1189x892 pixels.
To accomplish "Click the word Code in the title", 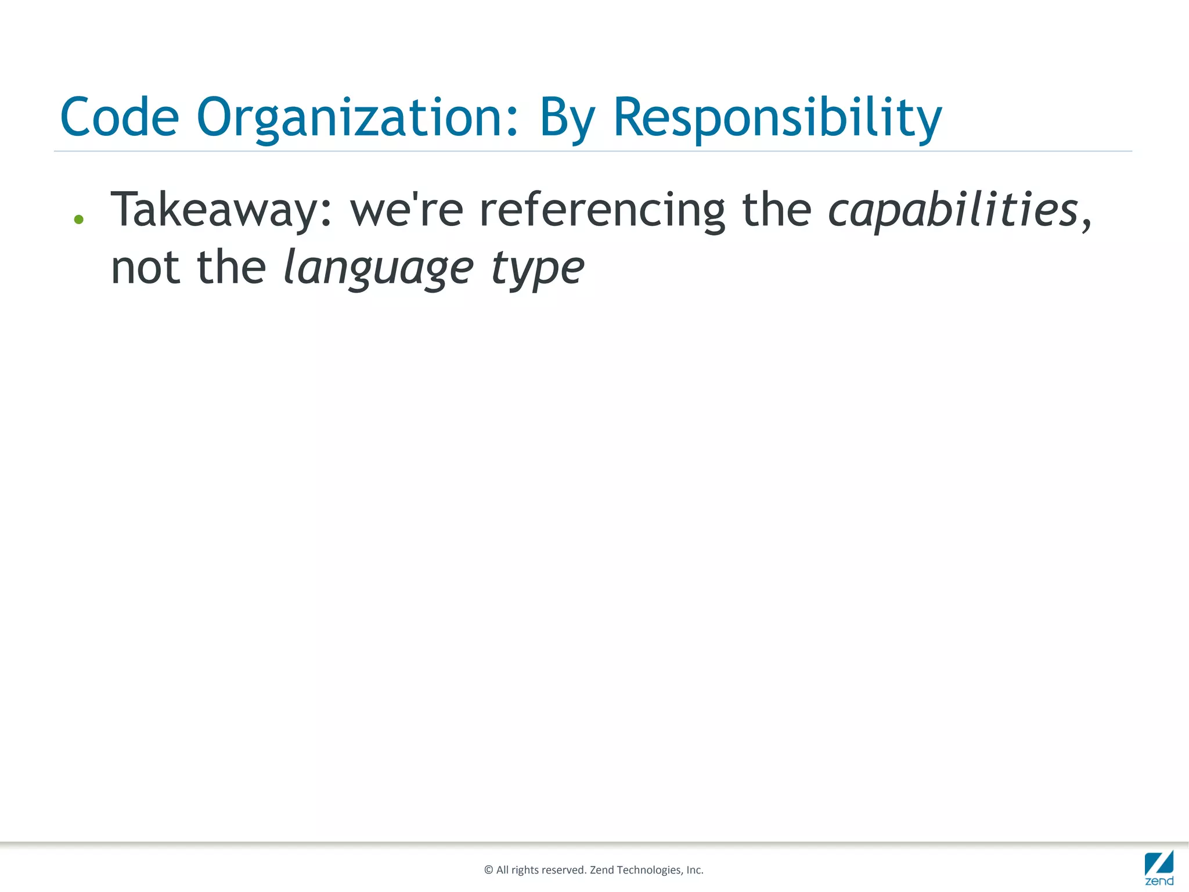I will pyautogui.click(x=120, y=117).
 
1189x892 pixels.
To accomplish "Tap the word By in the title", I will pyautogui.click(x=567, y=118).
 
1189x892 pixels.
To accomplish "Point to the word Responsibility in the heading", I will pyautogui.click(x=777, y=118).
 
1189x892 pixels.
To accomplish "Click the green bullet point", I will pyautogui.click(x=79, y=220).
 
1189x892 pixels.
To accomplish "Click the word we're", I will pyautogui.click(x=406, y=210).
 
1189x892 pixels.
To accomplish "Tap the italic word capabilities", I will pyautogui.click(x=952, y=210).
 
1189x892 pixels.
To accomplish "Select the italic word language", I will pyautogui.click(x=378, y=269).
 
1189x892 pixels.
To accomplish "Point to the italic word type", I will pyautogui.click(x=538, y=269).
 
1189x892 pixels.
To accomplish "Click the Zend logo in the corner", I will pyautogui.click(x=1159, y=867).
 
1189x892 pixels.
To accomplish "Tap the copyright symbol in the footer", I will pyautogui.click(x=488, y=870).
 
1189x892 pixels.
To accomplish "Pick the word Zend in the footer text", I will pyautogui.click(x=601, y=870).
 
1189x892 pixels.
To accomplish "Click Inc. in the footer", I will pyautogui.click(x=695, y=870).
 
